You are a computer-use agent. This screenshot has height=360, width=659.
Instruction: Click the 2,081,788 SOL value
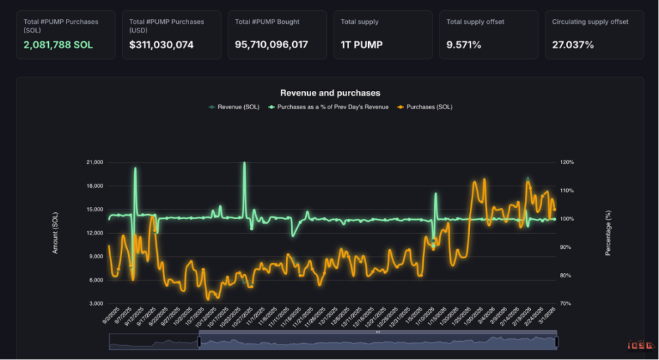pos(58,45)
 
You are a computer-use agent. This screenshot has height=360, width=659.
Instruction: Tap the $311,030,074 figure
pos(161,45)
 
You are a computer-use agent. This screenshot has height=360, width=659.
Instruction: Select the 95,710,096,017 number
pos(271,45)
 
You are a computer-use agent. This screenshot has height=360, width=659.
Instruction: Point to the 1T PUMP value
pos(361,45)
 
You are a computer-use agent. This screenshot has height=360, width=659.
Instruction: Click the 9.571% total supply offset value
pos(464,45)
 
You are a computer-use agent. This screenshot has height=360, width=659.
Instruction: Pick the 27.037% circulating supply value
pos(573,45)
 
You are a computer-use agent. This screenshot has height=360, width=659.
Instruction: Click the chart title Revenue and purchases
pos(330,93)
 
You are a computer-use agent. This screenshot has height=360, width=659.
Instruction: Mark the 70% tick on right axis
pos(565,303)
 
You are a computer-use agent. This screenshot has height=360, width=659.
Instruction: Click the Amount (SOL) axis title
pos(55,233)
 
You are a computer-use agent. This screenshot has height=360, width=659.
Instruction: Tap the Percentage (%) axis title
pos(608,233)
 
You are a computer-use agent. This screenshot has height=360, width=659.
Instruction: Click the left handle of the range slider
pos(199,342)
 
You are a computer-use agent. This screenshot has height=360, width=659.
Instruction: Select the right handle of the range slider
pos(557,342)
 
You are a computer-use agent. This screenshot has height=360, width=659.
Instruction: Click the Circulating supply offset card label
pos(590,22)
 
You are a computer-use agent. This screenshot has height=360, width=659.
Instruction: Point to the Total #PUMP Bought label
pos(267,22)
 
